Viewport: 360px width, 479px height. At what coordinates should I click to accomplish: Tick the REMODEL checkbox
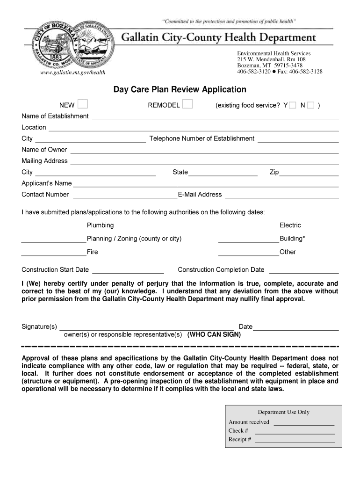(x=187, y=104)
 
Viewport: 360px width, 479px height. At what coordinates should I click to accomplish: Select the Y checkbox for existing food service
(x=292, y=106)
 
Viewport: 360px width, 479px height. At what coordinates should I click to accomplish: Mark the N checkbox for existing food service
(x=311, y=106)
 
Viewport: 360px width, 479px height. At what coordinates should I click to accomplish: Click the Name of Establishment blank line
(x=215, y=117)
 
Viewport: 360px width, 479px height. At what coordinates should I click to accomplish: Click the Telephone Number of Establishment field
(x=298, y=139)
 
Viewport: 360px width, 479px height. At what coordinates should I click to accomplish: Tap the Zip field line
(x=309, y=173)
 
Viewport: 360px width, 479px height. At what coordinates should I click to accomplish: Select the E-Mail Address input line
(x=282, y=196)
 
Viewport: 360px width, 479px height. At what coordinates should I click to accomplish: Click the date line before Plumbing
(x=54, y=226)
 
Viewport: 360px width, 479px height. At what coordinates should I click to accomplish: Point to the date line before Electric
(x=249, y=226)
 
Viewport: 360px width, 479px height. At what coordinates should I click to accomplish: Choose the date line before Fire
(x=54, y=253)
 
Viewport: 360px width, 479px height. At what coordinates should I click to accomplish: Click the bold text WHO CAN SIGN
(x=214, y=335)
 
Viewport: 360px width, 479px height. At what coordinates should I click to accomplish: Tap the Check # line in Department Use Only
(x=295, y=431)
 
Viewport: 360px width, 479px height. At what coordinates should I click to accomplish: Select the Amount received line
(x=303, y=423)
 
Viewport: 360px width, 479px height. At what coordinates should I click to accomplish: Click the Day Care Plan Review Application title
(x=180, y=89)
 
